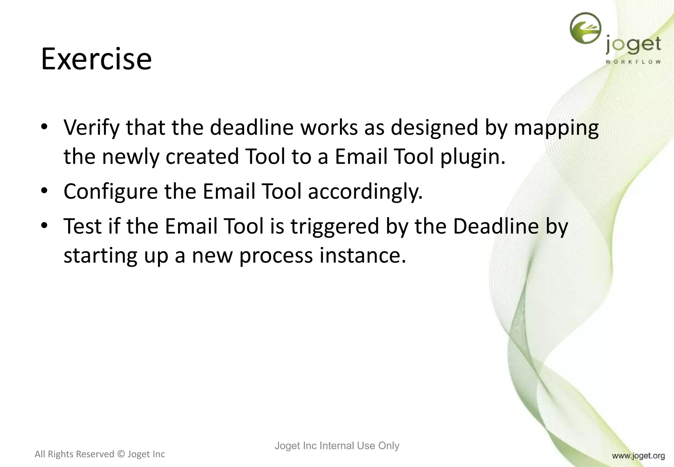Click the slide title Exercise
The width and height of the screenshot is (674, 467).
96,59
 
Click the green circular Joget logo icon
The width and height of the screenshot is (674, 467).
585,28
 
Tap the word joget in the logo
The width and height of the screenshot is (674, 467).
633,45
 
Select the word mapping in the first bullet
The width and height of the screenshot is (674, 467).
556,128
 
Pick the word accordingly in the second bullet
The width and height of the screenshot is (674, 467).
365,192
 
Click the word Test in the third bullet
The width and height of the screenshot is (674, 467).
82,227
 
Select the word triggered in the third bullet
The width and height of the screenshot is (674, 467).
334,227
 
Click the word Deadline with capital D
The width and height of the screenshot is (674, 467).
496,227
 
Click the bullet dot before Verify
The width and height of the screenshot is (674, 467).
44,127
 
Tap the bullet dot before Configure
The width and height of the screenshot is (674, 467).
44,191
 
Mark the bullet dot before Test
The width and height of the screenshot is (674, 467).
44,226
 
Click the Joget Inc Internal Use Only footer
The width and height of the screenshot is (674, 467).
337,446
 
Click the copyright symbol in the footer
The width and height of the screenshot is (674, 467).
121,454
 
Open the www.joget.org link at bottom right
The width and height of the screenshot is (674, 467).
638,456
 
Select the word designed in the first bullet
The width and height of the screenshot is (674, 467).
434,128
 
